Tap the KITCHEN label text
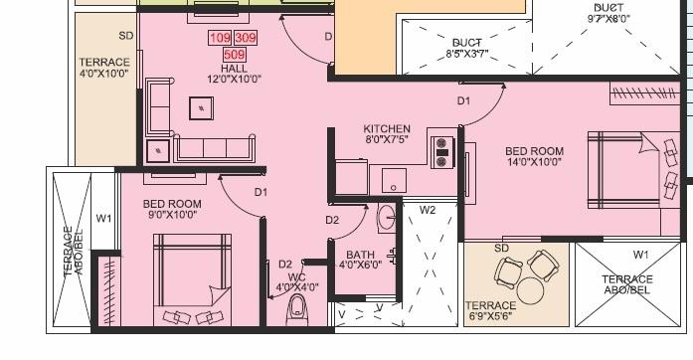387,129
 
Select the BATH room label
360,255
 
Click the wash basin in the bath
387,218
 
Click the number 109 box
220,39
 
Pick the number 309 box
246,39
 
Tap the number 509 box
235,55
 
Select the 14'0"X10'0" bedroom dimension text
533,161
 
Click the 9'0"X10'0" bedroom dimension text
171,214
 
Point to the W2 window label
428,210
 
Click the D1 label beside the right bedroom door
463,101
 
